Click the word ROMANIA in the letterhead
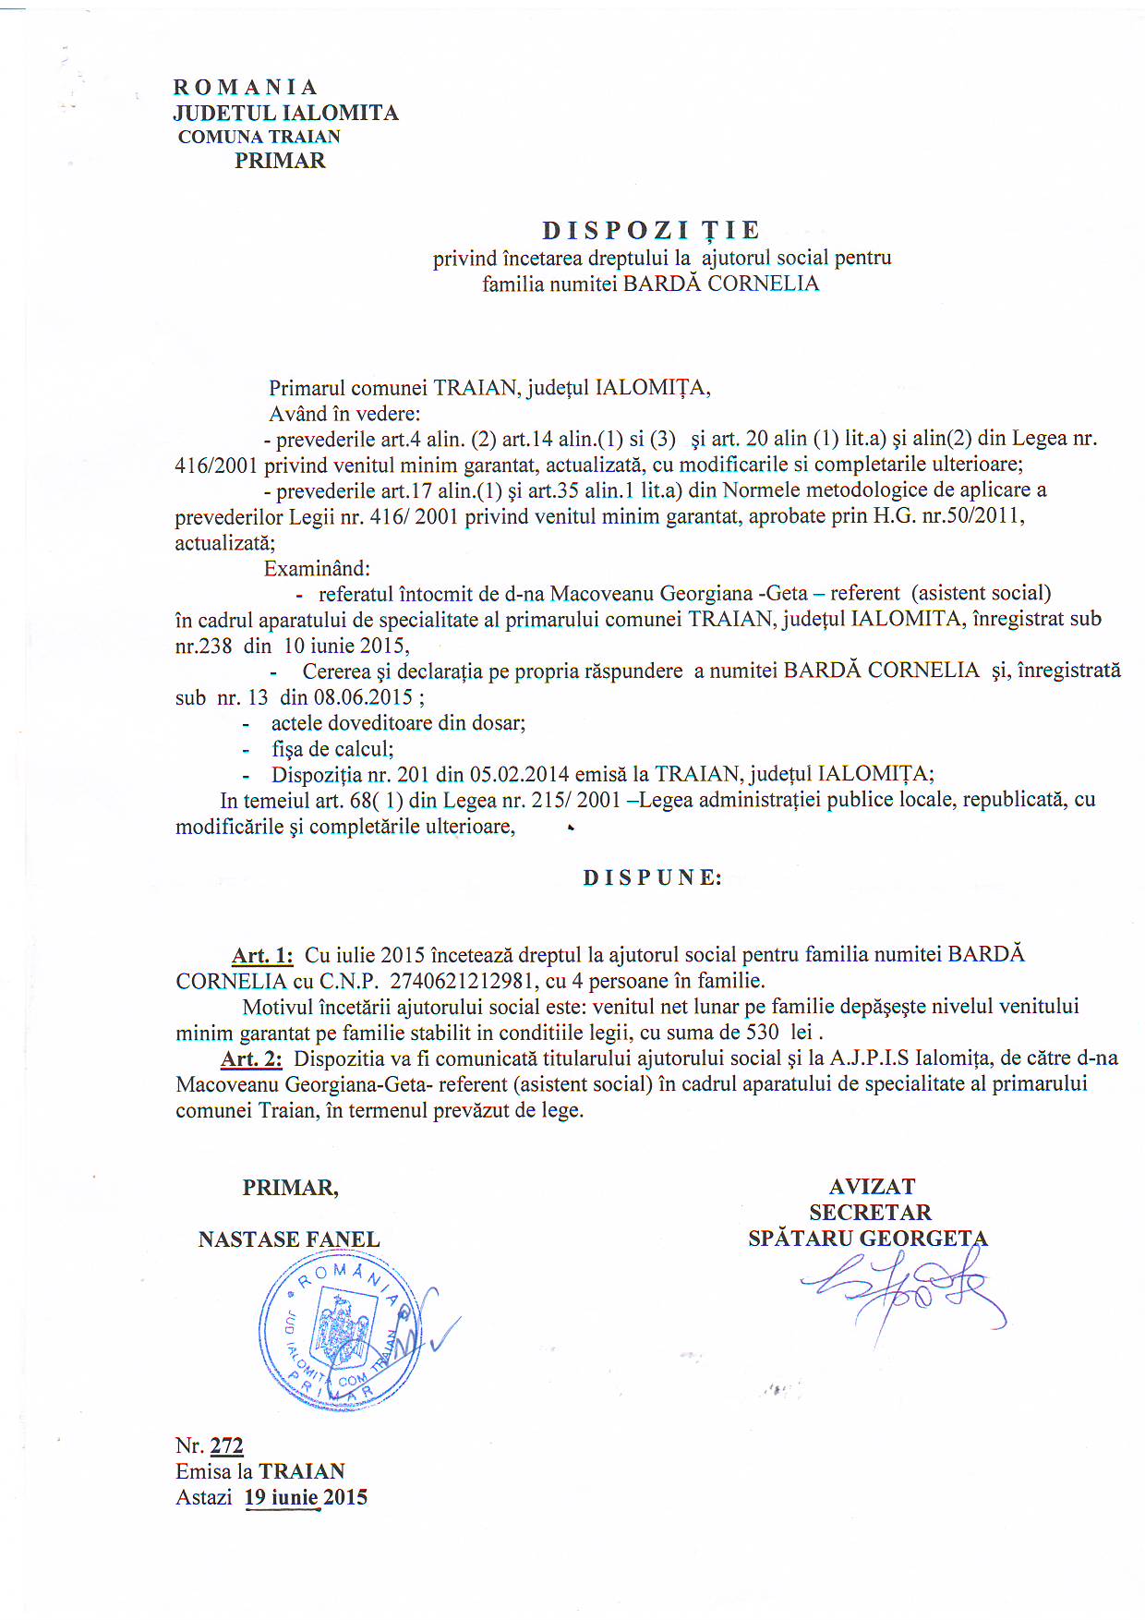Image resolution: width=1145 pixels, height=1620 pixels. tap(245, 87)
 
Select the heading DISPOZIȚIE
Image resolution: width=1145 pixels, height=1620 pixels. tap(651, 230)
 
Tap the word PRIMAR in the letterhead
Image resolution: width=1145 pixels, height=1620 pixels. tap(280, 161)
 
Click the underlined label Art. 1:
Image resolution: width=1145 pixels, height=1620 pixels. tap(262, 955)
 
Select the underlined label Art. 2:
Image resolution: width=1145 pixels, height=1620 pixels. tap(251, 1058)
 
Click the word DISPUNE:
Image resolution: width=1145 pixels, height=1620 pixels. tap(652, 877)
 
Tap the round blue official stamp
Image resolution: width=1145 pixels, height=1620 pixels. tap(339, 1330)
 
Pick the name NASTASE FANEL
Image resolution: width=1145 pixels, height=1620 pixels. tap(289, 1239)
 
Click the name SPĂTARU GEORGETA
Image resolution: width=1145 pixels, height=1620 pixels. tap(867, 1239)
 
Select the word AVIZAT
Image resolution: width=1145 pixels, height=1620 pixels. tap(872, 1187)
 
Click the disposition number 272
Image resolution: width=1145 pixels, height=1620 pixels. tap(226, 1446)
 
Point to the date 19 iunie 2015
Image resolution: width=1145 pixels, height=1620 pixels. tap(306, 1497)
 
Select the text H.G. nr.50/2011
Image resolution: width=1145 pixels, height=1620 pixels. tap(948, 515)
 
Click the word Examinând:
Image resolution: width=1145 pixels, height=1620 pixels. tap(317, 568)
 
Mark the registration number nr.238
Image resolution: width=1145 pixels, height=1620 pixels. tap(203, 646)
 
